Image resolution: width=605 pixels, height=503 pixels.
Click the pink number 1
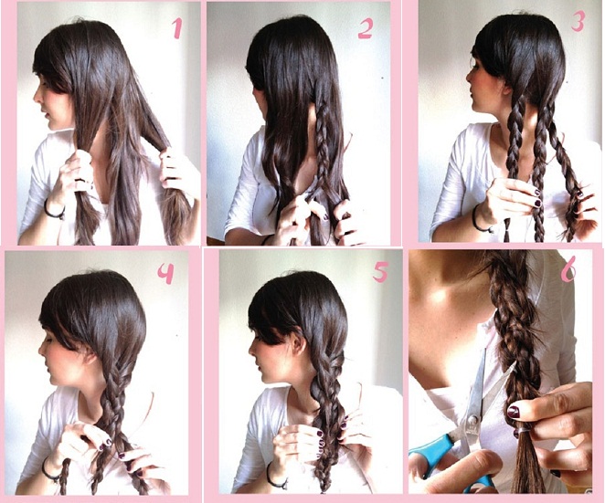coord(176,29)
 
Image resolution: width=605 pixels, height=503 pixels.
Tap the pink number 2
coord(365,29)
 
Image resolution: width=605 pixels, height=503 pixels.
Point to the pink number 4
coord(166,274)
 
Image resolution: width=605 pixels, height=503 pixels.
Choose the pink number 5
coord(380,273)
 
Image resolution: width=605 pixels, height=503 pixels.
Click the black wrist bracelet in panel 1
coord(53,210)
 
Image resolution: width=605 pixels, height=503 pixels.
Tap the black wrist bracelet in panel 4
coord(51,471)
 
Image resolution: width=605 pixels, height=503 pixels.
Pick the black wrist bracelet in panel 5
coord(276,477)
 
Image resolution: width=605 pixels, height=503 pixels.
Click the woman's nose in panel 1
coord(37,97)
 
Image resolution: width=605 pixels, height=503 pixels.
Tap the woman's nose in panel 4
coord(42,350)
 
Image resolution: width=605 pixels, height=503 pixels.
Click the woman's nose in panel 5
coord(252,350)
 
